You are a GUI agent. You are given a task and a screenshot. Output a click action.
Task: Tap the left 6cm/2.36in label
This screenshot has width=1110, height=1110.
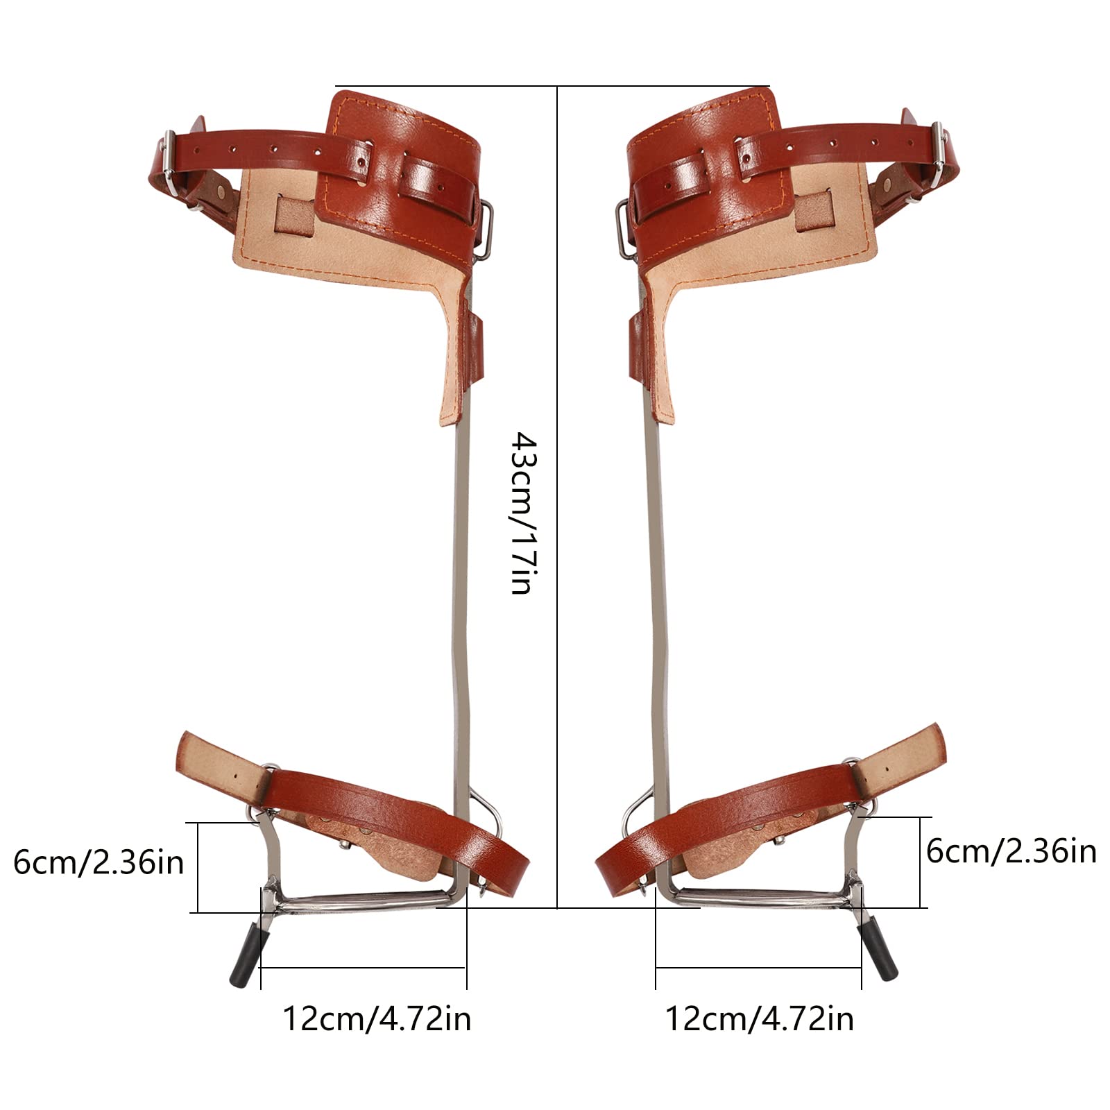pos(99,863)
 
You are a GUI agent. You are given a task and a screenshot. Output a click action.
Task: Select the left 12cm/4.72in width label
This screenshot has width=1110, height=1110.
pos(376,1019)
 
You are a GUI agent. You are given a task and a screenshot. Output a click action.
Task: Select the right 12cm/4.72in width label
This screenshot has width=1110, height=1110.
pos(760,1019)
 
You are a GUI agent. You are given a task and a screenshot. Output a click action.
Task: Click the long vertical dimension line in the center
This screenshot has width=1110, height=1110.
pos(558,347)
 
